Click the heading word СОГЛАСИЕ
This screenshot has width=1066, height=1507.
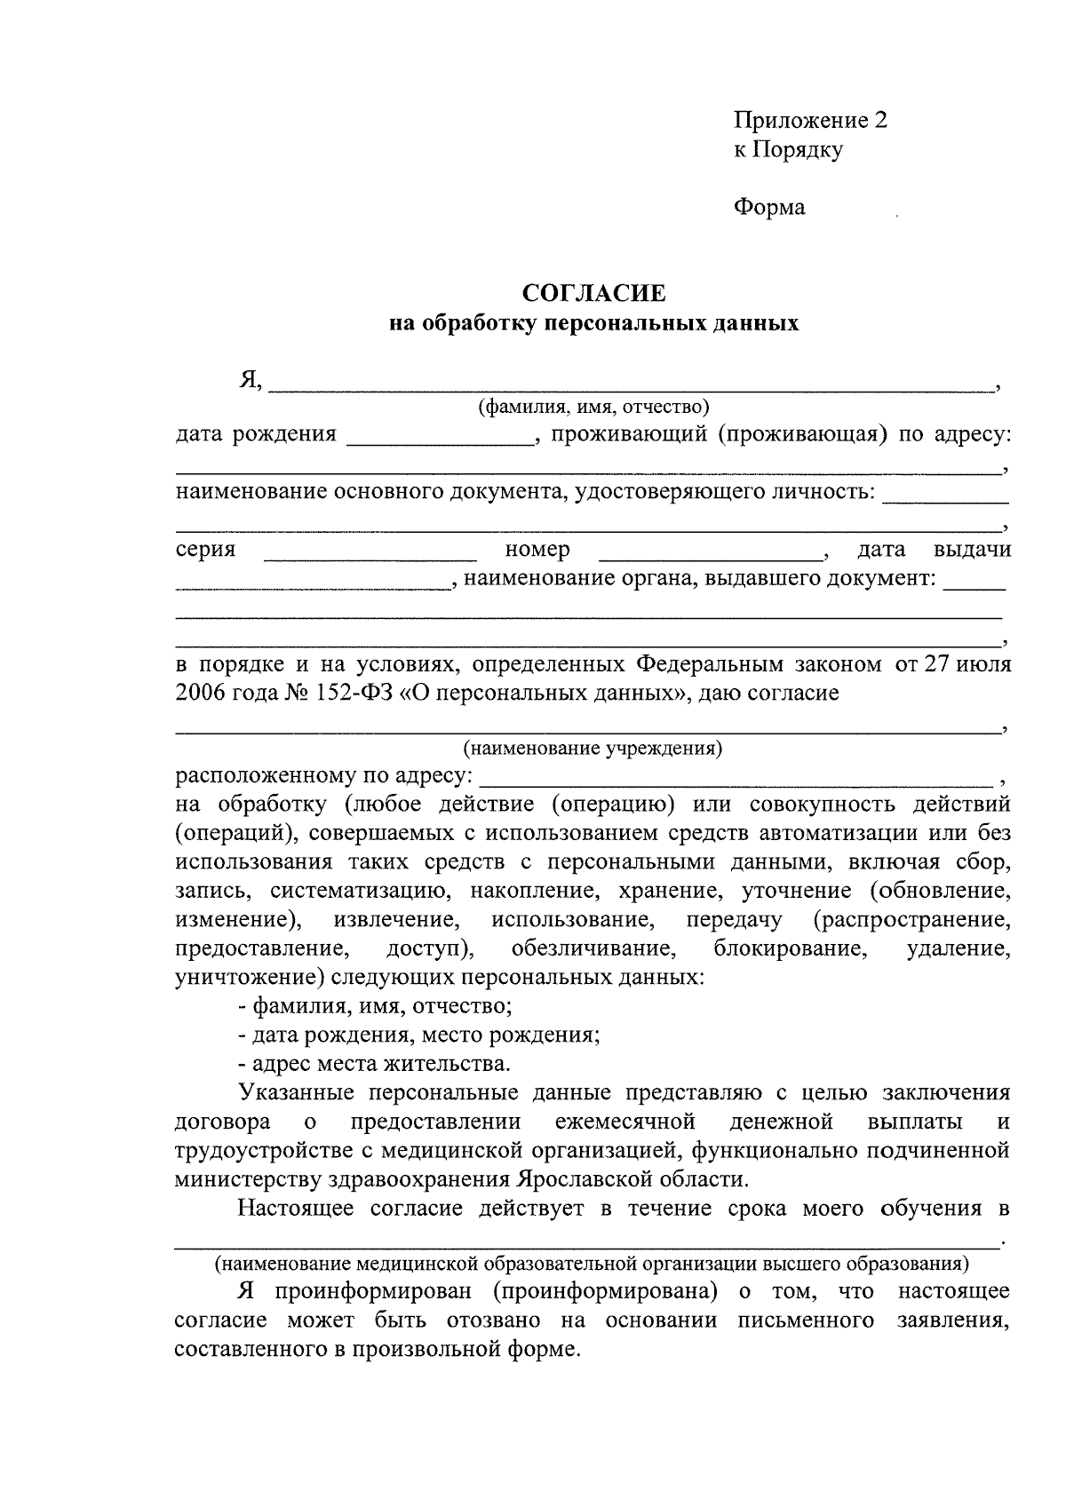pos(594,293)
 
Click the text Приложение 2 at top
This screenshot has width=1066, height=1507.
pos(810,121)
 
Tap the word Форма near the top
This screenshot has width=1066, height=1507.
pos(769,208)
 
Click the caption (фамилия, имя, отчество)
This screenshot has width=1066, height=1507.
pos(594,408)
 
